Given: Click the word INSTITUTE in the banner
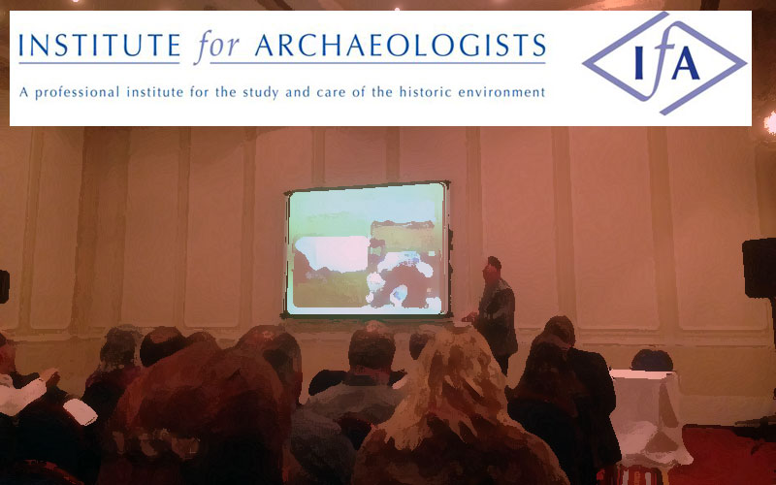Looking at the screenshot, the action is click(x=100, y=46).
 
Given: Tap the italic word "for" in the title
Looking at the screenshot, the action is click(x=216, y=47).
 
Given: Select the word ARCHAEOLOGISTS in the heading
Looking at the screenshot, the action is click(x=400, y=46).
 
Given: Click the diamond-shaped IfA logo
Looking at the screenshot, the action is click(x=664, y=63).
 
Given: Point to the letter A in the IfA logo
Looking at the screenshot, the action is click(x=685, y=65).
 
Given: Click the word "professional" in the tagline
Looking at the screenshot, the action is click(x=77, y=92).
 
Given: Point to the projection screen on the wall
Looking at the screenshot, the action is click(x=368, y=249).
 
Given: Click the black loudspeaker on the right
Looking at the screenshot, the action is click(x=760, y=268).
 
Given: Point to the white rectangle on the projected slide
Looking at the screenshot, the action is click(x=332, y=253).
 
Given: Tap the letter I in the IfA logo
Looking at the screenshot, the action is click(x=639, y=65).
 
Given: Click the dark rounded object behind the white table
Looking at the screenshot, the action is click(x=652, y=360).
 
